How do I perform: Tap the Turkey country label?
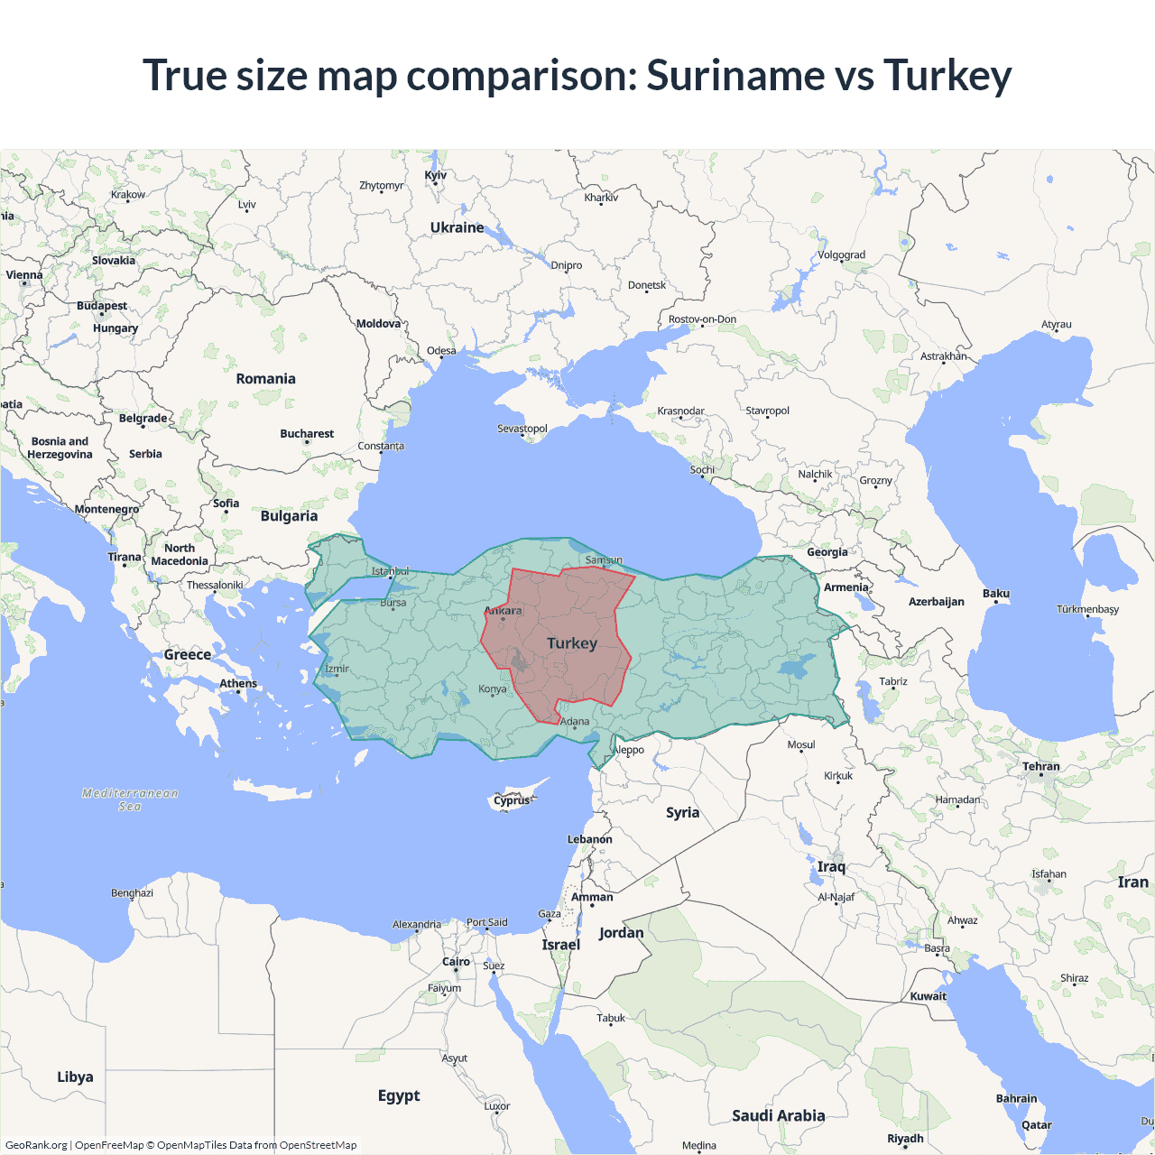[572, 643]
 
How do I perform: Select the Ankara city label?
[504, 611]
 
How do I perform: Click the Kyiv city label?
[435, 175]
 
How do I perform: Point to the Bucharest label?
[307, 434]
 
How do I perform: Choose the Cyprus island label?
[512, 800]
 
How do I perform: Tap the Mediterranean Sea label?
[130, 799]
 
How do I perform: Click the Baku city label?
[996, 594]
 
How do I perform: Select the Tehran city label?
[1041, 766]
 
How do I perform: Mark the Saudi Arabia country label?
[778, 1116]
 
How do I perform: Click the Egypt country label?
[399, 1095]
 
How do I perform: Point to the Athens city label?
[238, 683]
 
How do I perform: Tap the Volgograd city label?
[841, 254]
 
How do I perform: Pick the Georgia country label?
[827, 552]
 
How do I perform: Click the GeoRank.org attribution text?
[36, 1145]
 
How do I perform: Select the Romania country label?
[265, 379]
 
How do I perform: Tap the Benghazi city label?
[132, 893]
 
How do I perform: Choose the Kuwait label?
[929, 996]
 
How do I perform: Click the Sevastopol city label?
[522, 429]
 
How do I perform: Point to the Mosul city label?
[801, 744]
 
